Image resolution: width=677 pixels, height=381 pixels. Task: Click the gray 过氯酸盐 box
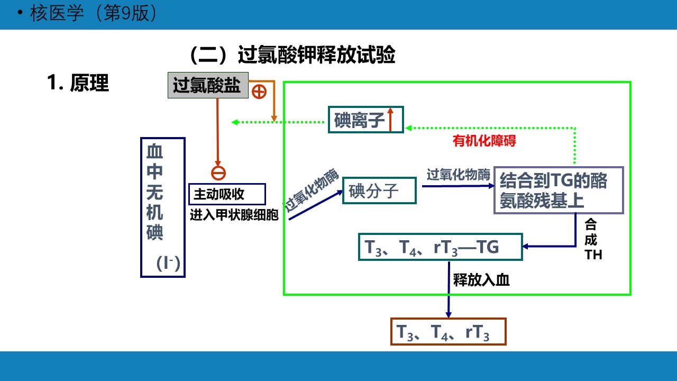pyautogui.click(x=207, y=85)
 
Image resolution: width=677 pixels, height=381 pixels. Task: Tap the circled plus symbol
pyautogui.click(x=259, y=92)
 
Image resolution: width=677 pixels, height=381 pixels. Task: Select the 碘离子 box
pyautogui.click(x=365, y=120)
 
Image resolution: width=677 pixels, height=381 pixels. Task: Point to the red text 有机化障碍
pyautogui.click(x=484, y=141)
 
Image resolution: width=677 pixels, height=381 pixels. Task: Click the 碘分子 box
pyautogui.click(x=379, y=190)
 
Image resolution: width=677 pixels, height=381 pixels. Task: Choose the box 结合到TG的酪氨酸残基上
pyautogui.click(x=559, y=190)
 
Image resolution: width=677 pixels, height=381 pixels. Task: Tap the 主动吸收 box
pyautogui.click(x=227, y=194)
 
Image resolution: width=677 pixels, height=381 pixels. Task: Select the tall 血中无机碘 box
pyautogui.click(x=162, y=207)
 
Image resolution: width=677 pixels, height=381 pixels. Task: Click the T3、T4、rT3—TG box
pyautogui.click(x=440, y=247)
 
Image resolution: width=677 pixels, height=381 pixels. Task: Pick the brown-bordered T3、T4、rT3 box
pyautogui.click(x=448, y=332)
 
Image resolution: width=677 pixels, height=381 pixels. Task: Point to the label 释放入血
pyautogui.click(x=481, y=280)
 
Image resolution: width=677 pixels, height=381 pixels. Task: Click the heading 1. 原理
pyautogui.click(x=78, y=83)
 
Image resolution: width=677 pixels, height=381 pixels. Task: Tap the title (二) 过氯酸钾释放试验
pyautogui.click(x=292, y=55)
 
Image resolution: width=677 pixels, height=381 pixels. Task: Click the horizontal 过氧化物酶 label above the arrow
pyautogui.click(x=458, y=175)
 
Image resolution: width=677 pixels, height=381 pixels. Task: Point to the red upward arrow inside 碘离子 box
pyautogui.click(x=390, y=119)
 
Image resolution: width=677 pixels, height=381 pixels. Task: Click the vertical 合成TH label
pyautogui.click(x=592, y=240)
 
